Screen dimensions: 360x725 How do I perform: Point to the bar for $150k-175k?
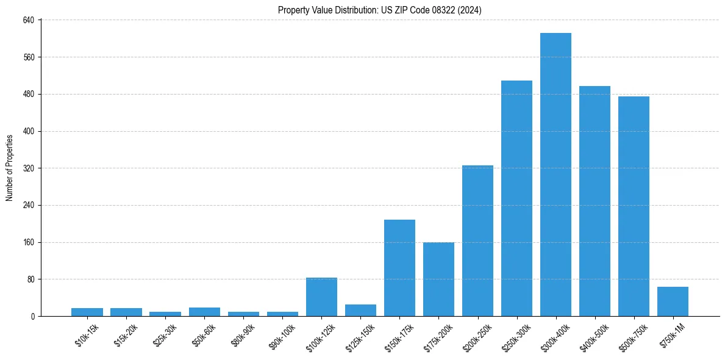(399, 268)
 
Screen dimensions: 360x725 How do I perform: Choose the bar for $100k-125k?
(321, 297)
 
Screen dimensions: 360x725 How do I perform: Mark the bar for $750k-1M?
(673, 301)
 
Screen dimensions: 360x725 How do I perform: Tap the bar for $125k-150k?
(360, 310)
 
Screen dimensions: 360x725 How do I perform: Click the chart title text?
(380, 10)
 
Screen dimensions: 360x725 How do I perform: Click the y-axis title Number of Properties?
(10, 168)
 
